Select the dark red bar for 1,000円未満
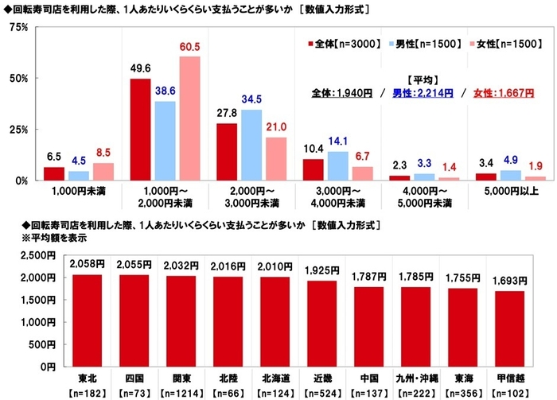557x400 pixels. (54, 173)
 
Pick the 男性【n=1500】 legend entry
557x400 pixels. (423, 44)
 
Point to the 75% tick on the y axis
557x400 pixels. (18, 27)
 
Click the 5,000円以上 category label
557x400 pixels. (496, 192)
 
